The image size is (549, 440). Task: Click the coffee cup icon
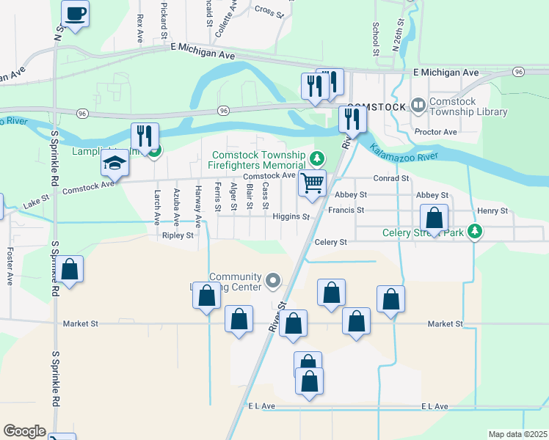point(75,12)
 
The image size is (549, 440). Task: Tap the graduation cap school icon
point(115,164)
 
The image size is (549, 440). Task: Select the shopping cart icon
point(313,183)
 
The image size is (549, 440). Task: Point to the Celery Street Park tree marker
point(476,232)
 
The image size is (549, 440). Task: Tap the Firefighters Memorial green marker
point(316,158)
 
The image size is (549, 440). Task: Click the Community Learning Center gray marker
point(273,279)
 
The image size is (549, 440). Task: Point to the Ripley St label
point(178,236)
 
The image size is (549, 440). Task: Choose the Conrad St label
point(390,178)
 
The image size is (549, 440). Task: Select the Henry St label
point(492,211)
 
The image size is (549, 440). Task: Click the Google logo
point(24,431)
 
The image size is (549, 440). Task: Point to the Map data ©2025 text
point(517,434)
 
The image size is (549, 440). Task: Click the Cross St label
point(269,10)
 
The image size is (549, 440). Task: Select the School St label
point(375,39)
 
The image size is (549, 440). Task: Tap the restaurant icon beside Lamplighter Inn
point(144,136)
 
